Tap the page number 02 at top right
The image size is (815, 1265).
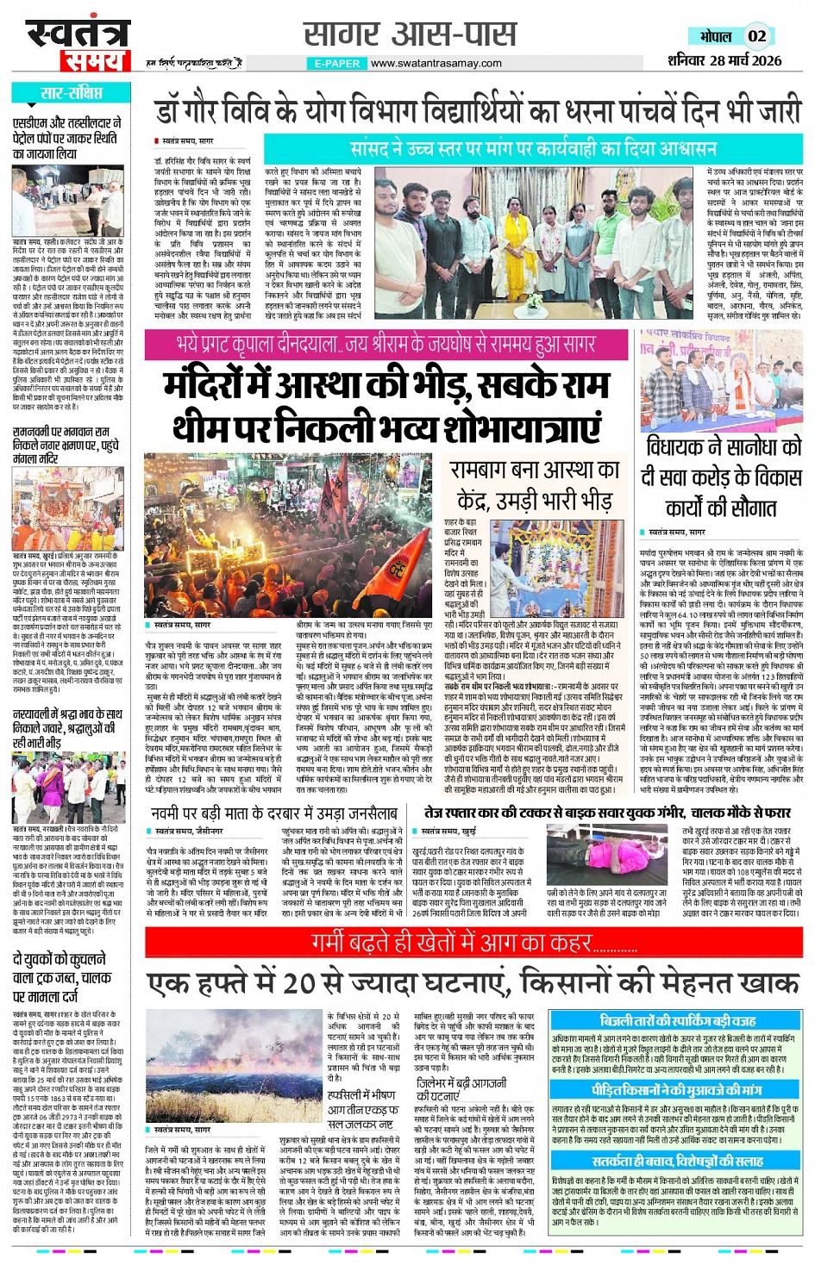(756, 36)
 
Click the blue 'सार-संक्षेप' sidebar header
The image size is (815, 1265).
(71, 93)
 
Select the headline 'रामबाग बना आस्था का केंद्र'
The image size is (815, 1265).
(535, 484)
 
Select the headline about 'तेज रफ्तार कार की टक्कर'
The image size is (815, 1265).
(606, 813)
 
